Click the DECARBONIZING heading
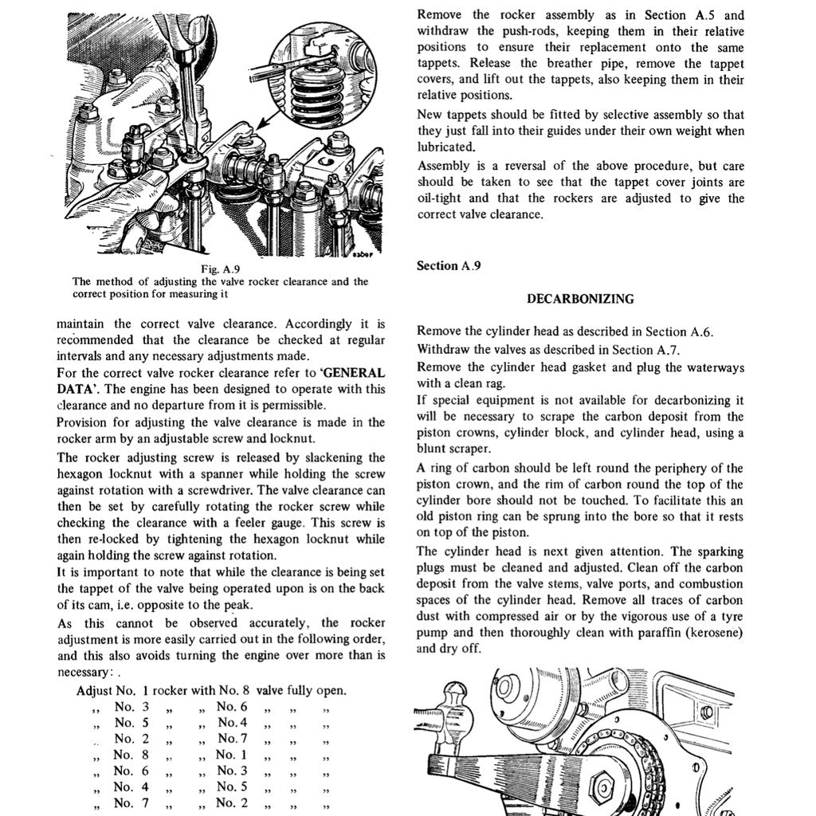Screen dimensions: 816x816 pyautogui.click(x=580, y=300)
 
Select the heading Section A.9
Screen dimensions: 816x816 pyautogui.click(x=449, y=266)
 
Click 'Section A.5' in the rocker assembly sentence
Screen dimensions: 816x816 pyautogui.click(x=695, y=15)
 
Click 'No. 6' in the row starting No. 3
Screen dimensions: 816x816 pyautogui.click(x=232, y=707)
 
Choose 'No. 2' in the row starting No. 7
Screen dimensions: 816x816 pyautogui.click(x=232, y=802)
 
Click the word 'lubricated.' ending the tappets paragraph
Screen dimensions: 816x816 pyautogui.click(x=445, y=147)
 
